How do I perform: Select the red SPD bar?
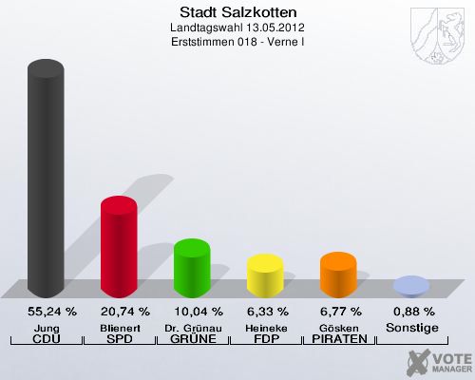pyautogui.click(x=119, y=246)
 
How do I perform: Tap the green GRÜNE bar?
pyautogui.click(x=192, y=267)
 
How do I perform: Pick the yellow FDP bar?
pyautogui.click(x=265, y=275)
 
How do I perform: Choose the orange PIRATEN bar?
pyautogui.click(x=338, y=274)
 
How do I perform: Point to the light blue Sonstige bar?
pyautogui.click(x=411, y=285)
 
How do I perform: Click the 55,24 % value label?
pyautogui.click(x=46, y=312)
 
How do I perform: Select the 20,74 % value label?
pyautogui.click(x=119, y=312)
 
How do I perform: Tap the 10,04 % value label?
pyautogui.click(x=192, y=312)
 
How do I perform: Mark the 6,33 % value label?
pyautogui.click(x=265, y=312)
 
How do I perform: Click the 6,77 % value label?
pyautogui.click(x=338, y=312)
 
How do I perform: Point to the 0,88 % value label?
pyautogui.click(x=411, y=312)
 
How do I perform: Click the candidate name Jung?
pyautogui.click(x=46, y=327)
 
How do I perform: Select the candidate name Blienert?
pyautogui.click(x=119, y=327)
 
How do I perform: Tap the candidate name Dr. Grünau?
pyautogui.click(x=192, y=327)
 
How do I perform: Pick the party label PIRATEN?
pyautogui.click(x=338, y=339)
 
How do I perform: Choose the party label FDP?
pyautogui.click(x=265, y=339)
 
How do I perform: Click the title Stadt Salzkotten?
pyautogui.click(x=237, y=13)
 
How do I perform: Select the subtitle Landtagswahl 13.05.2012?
pyautogui.click(x=237, y=28)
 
